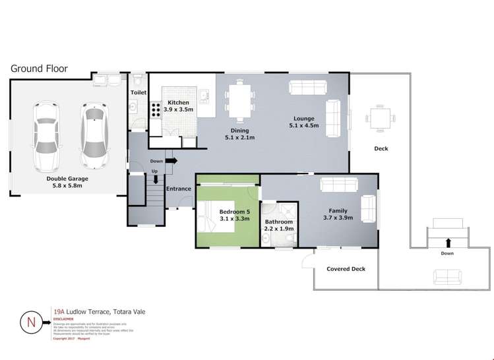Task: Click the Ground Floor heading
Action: (x=39, y=69)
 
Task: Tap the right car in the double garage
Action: (x=92, y=134)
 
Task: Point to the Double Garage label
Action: (x=67, y=181)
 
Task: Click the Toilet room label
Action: (x=138, y=94)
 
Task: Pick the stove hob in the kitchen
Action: (x=156, y=109)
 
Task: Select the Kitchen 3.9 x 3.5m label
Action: (x=179, y=106)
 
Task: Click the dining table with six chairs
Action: (x=240, y=102)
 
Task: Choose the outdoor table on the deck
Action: (x=381, y=119)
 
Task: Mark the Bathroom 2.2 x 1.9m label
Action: (x=279, y=225)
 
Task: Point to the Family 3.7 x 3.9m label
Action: (x=338, y=214)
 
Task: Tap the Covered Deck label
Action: (x=346, y=269)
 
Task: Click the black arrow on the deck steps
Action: (x=447, y=242)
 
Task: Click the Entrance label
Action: (x=178, y=189)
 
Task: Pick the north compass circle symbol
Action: (x=31, y=323)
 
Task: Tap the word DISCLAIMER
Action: (x=64, y=318)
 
